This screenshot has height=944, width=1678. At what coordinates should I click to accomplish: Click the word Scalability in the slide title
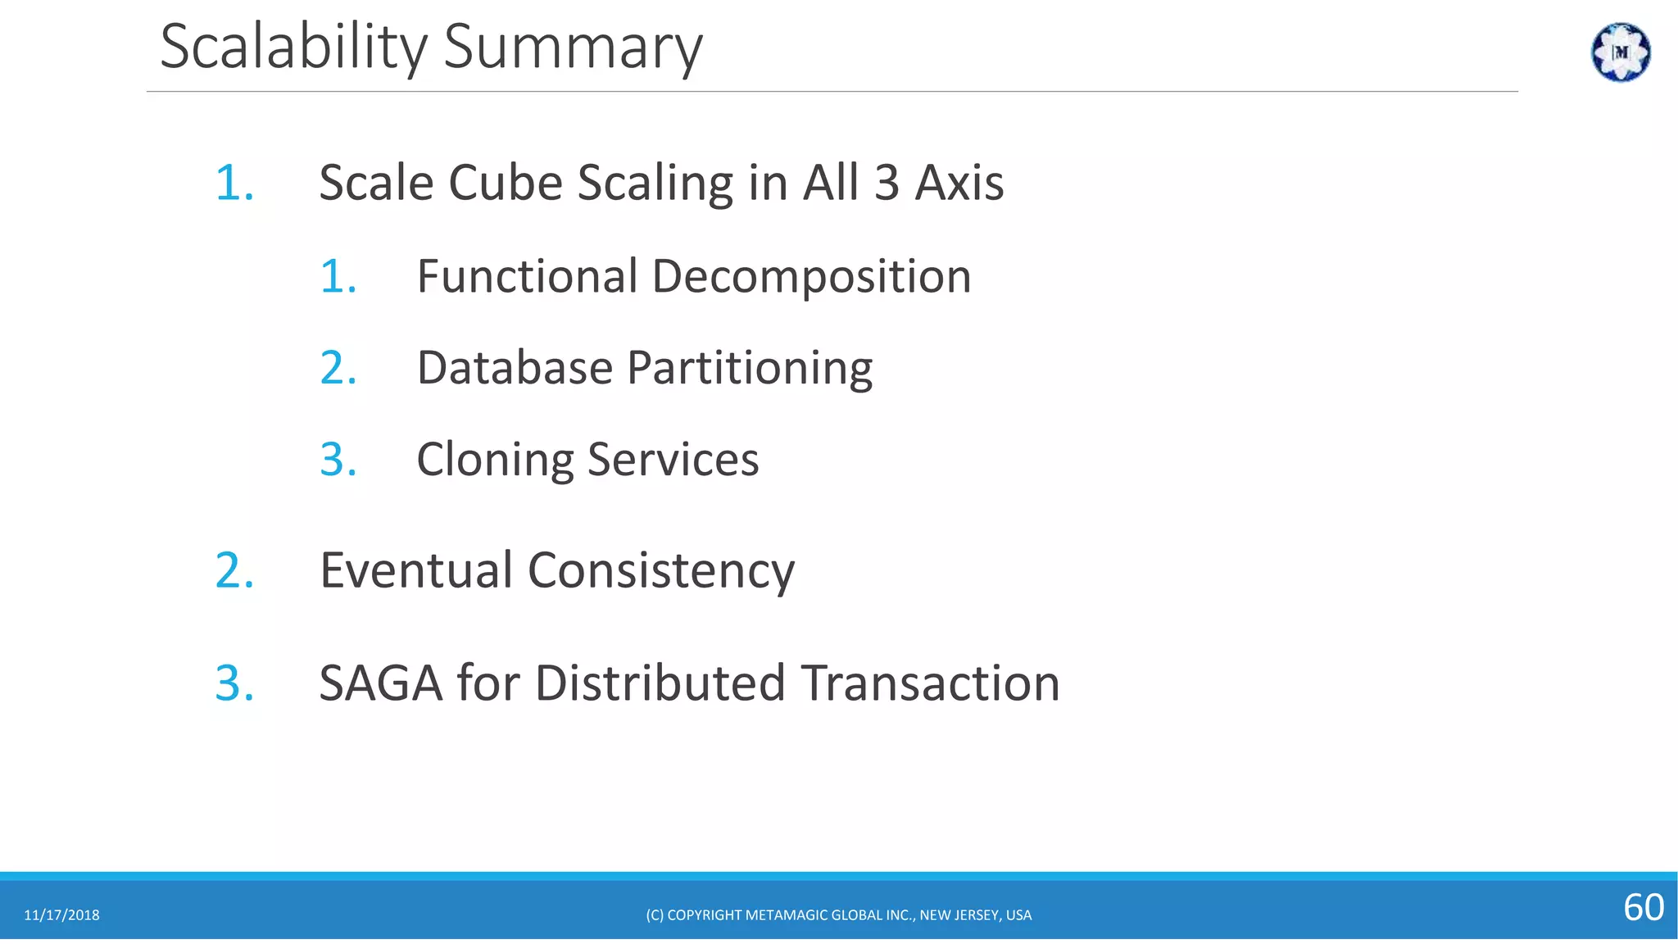293,48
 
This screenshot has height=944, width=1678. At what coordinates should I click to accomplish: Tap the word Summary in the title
573,48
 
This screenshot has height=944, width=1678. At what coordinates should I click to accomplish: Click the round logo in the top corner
1620,52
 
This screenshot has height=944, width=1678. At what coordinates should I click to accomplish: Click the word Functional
527,276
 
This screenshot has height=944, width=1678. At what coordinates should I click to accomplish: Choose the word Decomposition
811,278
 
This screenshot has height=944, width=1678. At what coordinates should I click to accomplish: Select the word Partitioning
750,369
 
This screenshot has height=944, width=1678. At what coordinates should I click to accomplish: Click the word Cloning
494,460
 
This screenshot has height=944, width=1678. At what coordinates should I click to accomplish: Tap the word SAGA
380,683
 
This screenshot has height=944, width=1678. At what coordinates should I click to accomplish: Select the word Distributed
660,683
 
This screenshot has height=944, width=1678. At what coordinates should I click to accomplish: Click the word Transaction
930,683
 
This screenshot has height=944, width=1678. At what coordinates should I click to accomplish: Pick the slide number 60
1643,908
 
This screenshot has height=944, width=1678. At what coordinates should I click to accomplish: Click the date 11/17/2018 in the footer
61,915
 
